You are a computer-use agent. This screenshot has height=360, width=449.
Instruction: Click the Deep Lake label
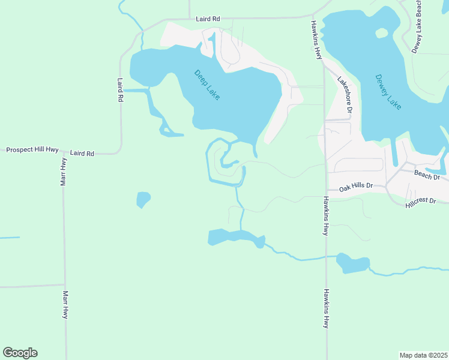coord(207,85)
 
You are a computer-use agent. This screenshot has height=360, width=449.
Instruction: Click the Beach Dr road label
coord(427,175)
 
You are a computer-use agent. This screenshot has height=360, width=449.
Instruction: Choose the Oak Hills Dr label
coord(357,188)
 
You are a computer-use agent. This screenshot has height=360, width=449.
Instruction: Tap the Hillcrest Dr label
coord(420,200)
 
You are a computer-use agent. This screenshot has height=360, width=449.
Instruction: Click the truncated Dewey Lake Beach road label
coord(416,27)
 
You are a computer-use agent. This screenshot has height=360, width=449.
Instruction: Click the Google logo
coord(20,353)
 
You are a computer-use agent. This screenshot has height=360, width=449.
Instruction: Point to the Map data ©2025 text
coord(423,355)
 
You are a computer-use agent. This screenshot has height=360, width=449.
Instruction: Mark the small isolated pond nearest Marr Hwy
coord(143,199)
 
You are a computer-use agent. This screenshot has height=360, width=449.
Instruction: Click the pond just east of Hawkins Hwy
coord(353,263)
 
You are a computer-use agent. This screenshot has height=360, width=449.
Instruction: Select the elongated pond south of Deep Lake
coord(234,237)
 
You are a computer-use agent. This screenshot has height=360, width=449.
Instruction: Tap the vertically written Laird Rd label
coord(121,89)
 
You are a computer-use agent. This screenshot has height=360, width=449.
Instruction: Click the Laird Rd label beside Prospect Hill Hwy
coord(82,154)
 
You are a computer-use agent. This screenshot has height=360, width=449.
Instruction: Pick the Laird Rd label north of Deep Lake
coord(208,19)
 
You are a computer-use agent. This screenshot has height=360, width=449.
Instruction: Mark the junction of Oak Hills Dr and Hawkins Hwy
coord(327,188)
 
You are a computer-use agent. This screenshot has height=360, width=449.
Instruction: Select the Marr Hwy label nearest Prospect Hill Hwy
coord(63,172)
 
